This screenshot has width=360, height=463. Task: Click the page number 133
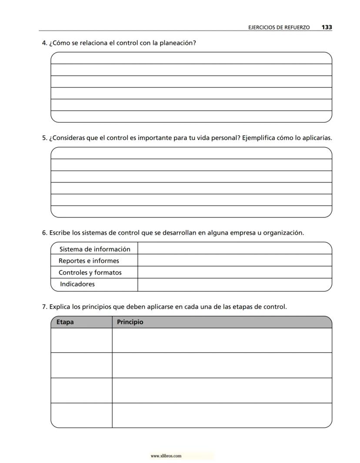pyautogui.click(x=327, y=27)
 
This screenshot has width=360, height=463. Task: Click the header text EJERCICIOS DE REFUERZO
pyautogui.click(x=279, y=27)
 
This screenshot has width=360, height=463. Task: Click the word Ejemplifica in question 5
pyautogui.click(x=258, y=138)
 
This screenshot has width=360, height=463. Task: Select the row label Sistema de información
pyautogui.click(x=95, y=249)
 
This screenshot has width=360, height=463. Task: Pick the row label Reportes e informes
pyautogui.click(x=89, y=261)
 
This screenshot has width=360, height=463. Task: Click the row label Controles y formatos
pyautogui.click(x=90, y=273)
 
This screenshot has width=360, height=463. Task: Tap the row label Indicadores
pyautogui.click(x=77, y=284)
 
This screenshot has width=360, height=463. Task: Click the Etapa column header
pyautogui.click(x=65, y=322)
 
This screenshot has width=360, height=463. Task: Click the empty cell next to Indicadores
pyautogui.click(x=234, y=285)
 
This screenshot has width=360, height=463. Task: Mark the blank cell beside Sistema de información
pyautogui.click(x=234, y=249)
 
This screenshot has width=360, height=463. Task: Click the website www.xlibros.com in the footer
pyautogui.click(x=166, y=456)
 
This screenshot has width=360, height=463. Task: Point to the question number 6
pyautogui.click(x=44, y=233)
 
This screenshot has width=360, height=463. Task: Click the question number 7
pyautogui.click(x=44, y=307)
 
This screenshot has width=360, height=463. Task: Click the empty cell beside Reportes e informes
pyautogui.click(x=234, y=261)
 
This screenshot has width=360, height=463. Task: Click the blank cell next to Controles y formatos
pyautogui.click(x=234, y=272)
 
